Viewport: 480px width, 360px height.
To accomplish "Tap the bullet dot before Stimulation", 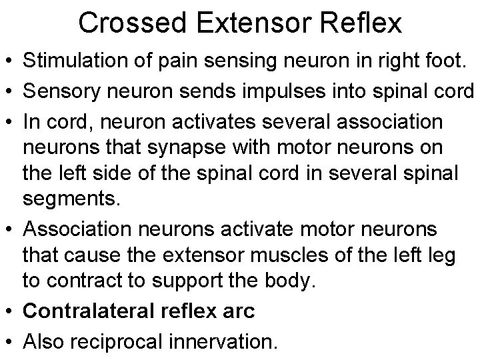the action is pyautogui.click(x=10, y=61).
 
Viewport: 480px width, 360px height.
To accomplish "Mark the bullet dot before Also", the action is pyautogui.click(x=10, y=342).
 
